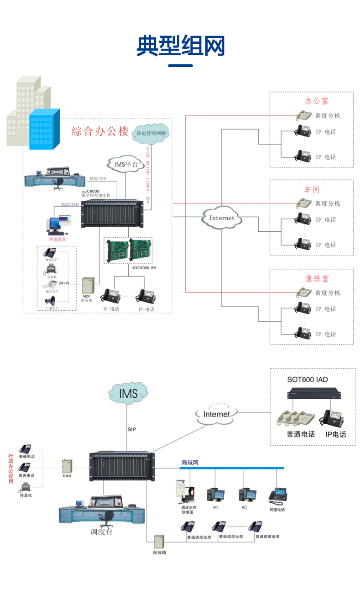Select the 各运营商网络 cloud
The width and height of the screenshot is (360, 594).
pyautogui.click(x=151, y=133)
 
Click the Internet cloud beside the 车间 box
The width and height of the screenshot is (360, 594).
pyautogui.click(x=222, y=218)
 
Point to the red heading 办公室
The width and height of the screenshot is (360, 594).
pyautogui.click(x=316, y=101)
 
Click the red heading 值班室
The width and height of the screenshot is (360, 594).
pyautogui.click(x=317, y=278)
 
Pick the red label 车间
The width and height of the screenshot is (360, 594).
pyautogui.click(x=312, y=189)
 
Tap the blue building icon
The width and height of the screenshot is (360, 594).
pyautogui.click(x=45, y=130)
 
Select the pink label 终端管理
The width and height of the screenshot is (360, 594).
pyautogui.click(x=57, y=239)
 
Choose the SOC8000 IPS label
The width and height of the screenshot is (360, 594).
pyautogui.click(x=144, y=268)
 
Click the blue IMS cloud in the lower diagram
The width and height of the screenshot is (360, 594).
pyautogui.click(x=128, y=393)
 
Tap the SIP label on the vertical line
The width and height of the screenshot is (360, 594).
pyautogui.click(x=131, y=429)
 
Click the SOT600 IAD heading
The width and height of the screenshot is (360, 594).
pyautogui.click(x=307, y=379)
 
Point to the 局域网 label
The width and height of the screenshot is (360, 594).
pyautogui.click(x=190, y=463)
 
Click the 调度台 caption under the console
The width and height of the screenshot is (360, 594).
pyautogui.click(x=101, y=532)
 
